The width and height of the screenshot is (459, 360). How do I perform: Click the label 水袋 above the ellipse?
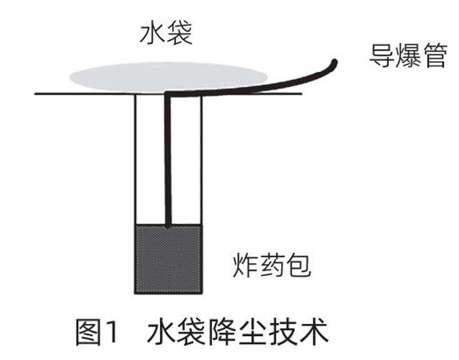[165, 35]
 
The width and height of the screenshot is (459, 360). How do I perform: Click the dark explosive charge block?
[168, 257]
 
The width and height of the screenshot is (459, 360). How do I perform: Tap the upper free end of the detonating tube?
[334, 61]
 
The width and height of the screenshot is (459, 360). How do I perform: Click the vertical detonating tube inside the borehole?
[168, 161]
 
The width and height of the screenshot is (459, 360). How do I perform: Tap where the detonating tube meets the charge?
[168, 225]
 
